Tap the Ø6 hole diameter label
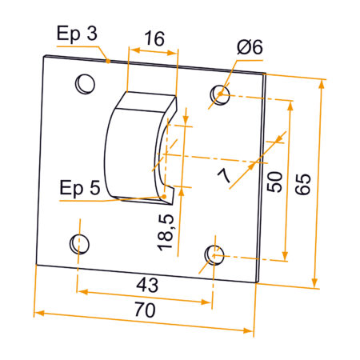250,48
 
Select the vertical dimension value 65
302,183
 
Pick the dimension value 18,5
168,231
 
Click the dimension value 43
146,283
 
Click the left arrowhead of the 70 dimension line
37,311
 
